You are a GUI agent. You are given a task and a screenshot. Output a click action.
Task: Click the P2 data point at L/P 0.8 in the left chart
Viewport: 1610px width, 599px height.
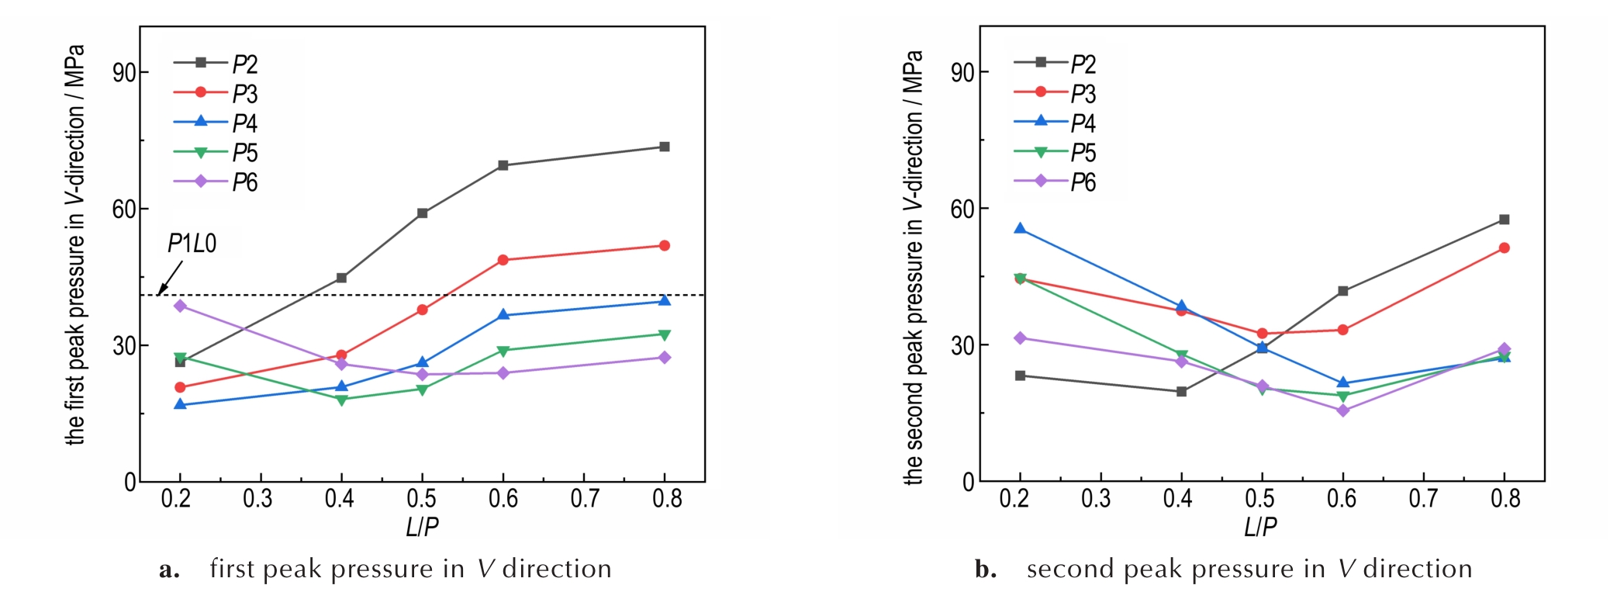pyautogui.click(x=665, y=147)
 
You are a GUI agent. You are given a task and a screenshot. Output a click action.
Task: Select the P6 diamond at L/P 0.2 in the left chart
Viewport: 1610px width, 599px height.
pyautogui.click(x=181, y=306)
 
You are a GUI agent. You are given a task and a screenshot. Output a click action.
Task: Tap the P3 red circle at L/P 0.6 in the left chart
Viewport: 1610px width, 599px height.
pyautogui.click(x=503, y=260)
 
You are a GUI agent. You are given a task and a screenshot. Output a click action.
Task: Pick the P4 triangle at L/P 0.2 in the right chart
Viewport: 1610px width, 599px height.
pyautogui.click(x=1020, y=229)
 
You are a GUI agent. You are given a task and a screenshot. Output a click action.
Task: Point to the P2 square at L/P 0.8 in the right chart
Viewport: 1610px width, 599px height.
pyautogui.click(x=1505, y=220)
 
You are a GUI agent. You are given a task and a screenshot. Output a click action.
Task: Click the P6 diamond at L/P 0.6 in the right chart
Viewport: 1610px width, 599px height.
pyautogui.click(x=1343, y=410)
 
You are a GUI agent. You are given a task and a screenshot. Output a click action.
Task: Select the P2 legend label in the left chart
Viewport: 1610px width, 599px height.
pyautogui.click(x=245, y=64)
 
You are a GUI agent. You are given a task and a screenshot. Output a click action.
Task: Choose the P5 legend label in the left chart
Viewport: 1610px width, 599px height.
pyautogui.click(x=245, y=153)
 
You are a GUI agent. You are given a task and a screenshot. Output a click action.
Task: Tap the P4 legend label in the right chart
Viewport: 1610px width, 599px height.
pyautogui.click(x=1083, y=123)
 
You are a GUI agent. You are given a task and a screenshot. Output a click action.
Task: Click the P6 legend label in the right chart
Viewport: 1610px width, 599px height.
pyautogui.click(x=1083, y=182)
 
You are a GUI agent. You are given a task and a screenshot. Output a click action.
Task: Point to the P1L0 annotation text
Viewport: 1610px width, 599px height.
pyautogui.click(x=192, y=244)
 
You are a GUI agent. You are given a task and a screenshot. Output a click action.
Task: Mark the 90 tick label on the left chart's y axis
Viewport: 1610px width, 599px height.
pyautogui.click(x=124, y=73)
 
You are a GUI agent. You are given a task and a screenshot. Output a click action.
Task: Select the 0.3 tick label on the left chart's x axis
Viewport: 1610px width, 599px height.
pyautogui.click(x=258, y=499)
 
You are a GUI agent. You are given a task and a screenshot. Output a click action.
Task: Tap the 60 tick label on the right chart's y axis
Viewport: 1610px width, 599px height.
pyautogui.click(x=962, y=209)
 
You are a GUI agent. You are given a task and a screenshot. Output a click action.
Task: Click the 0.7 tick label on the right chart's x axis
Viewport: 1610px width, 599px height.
pyautogui.click(x=1423, y=499)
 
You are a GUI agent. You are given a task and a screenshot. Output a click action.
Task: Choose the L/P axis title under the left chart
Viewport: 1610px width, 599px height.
pyautogui.click(x=422, y=528)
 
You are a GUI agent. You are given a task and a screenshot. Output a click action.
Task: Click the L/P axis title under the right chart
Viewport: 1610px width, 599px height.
pyautogui.click(x=1260, y=528)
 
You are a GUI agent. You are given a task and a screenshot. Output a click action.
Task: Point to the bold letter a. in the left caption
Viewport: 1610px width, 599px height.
pyautogui.click(x=169, y=570)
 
